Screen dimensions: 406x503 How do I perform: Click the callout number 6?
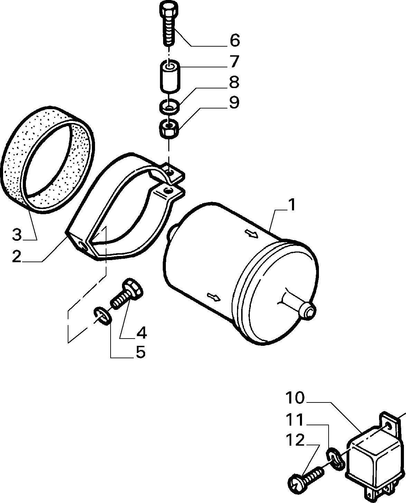(x=235, y=40)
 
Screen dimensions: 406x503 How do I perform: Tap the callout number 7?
(x=234, y=61)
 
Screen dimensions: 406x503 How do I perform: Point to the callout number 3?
(x=17, y=235)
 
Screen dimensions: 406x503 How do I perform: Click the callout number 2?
(x=17, y=256)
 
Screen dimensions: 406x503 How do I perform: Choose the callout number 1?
(x=292, y=205)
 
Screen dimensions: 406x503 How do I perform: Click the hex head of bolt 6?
(x=169, y=9)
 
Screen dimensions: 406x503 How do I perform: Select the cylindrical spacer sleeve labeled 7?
(x=170, y=76)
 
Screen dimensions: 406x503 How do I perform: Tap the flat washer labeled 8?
(x=170, y=107)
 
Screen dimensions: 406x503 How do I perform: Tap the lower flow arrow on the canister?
(x=214, y=297)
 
